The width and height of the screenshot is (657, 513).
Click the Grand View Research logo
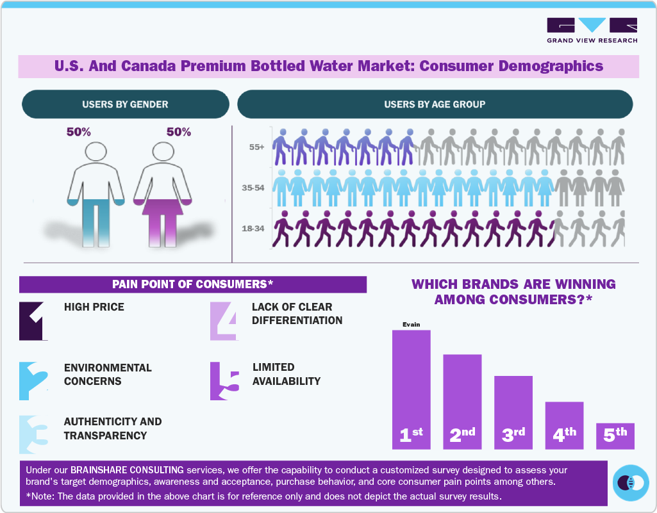(x=592, y=30)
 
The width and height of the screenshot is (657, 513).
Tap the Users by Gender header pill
(x=125, y=104)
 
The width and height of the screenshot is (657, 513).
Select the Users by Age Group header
(x=435, y=104)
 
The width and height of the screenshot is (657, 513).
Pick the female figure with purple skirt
(x=162, y=192)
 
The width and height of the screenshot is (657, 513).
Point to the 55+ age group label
(x=256, y=147)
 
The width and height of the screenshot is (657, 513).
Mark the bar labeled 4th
(x=564, y=425)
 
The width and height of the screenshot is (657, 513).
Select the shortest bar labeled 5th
(x=615, y=436)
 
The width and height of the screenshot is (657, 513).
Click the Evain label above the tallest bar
(x=411, y=325)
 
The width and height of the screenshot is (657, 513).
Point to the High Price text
(x=94, y=307)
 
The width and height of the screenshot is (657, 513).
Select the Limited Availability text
(x=286, y=374)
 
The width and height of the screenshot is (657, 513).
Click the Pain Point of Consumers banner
(x=192, y=284)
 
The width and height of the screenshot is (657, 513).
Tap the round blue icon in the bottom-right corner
(x=631, y=482)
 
